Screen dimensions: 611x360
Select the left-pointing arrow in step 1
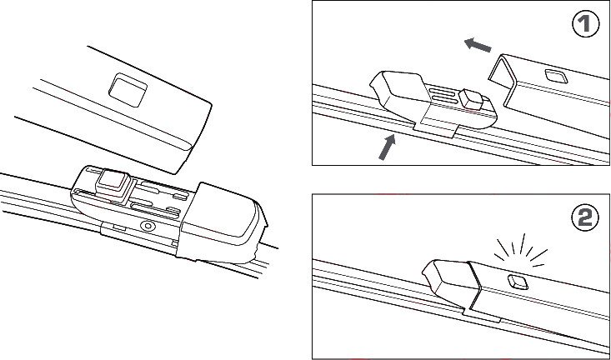(x=478, y=45)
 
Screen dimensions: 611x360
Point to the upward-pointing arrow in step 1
(x=388, y=147)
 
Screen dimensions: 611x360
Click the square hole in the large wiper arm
(x=128, y=90)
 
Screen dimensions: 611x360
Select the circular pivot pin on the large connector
(x=148, y=226)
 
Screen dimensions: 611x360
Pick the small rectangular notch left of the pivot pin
(x=119, y=227)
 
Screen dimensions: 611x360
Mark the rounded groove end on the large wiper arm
(x=186, y=145)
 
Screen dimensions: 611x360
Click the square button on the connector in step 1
(x=471, y=99)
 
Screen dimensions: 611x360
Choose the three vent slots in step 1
(x=443, y=96)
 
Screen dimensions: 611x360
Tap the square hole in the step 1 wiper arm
(x=556, y=77)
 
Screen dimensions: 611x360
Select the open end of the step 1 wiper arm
(x=502, y=76)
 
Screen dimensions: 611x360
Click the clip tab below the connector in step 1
(x=433, y=129)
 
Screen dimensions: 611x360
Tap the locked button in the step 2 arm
(x=518, y=282)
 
